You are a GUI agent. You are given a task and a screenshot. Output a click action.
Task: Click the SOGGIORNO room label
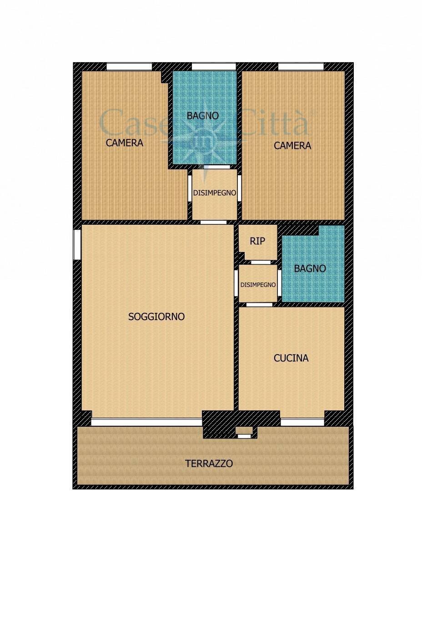click(156, 316)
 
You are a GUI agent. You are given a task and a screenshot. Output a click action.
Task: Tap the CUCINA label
click(291, 358)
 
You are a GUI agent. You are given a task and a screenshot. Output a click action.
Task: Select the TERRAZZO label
click(209, 464)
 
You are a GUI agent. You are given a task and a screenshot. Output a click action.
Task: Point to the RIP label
click(257, 241)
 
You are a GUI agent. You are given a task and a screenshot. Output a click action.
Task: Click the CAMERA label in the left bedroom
click(124, 143)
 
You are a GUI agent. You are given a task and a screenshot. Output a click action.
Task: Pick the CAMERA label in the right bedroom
click(292, 146)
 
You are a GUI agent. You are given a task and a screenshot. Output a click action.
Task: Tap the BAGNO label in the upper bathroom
click(203, 116)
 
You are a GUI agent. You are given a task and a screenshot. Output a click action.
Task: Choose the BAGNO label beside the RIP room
click(310, 268)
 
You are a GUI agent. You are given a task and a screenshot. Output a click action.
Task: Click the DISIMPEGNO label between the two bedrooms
click(215, 193)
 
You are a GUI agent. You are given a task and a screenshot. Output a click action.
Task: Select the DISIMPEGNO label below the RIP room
click(258, 285)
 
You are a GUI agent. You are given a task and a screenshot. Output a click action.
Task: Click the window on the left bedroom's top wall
click(129, 67)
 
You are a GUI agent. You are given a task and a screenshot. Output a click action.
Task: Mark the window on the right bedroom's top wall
click(301, 67)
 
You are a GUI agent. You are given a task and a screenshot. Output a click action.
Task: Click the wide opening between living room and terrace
click(146, 422)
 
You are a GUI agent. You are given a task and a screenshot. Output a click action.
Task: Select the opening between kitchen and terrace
click(302, 422)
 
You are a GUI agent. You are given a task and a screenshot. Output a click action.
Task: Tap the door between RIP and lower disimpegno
click(261, 262)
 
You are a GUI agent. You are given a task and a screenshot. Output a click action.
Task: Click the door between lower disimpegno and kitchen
click(259, 305)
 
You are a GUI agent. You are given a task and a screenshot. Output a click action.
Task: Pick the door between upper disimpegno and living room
click(213, 222)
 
